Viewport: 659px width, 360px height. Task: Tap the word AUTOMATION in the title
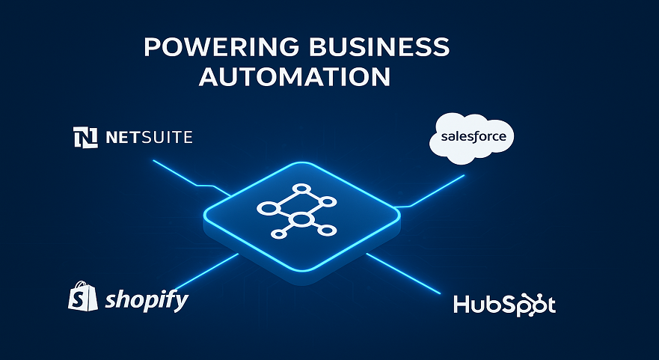tap(295, 76)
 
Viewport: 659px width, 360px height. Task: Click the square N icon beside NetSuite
tap(85, 137)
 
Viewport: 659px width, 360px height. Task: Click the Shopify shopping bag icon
tap(83, 297)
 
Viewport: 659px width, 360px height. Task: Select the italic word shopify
tap(147, 301)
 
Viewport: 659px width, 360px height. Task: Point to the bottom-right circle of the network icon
tap(325, 230)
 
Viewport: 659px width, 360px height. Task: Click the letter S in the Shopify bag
tap(83, 299)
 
